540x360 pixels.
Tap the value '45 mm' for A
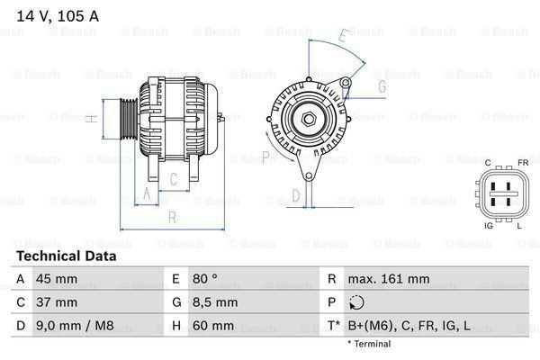click(56, 279)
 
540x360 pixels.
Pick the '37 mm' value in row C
click(56, 302)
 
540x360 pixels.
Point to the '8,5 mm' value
click(213, 302)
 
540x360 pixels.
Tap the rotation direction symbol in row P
click(357, 303)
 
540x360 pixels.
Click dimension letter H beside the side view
click(93, 118)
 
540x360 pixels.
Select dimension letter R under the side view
click(171, 216)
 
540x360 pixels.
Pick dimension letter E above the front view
click(343, 37)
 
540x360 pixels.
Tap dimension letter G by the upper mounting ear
click(382, 86)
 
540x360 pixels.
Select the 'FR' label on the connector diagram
click(522, 163)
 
